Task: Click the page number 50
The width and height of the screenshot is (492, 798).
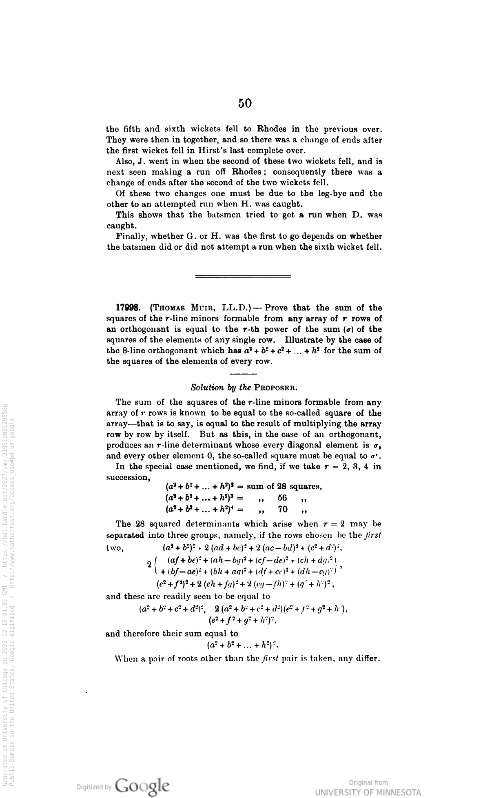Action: coord(245,103)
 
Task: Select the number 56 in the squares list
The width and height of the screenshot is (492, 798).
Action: coord(282,498)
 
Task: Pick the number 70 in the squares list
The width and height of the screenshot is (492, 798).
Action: coord(282,509)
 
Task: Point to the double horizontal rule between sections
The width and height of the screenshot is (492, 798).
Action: coord(244,276)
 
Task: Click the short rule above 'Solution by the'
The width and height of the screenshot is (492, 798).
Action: coord(244,373)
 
